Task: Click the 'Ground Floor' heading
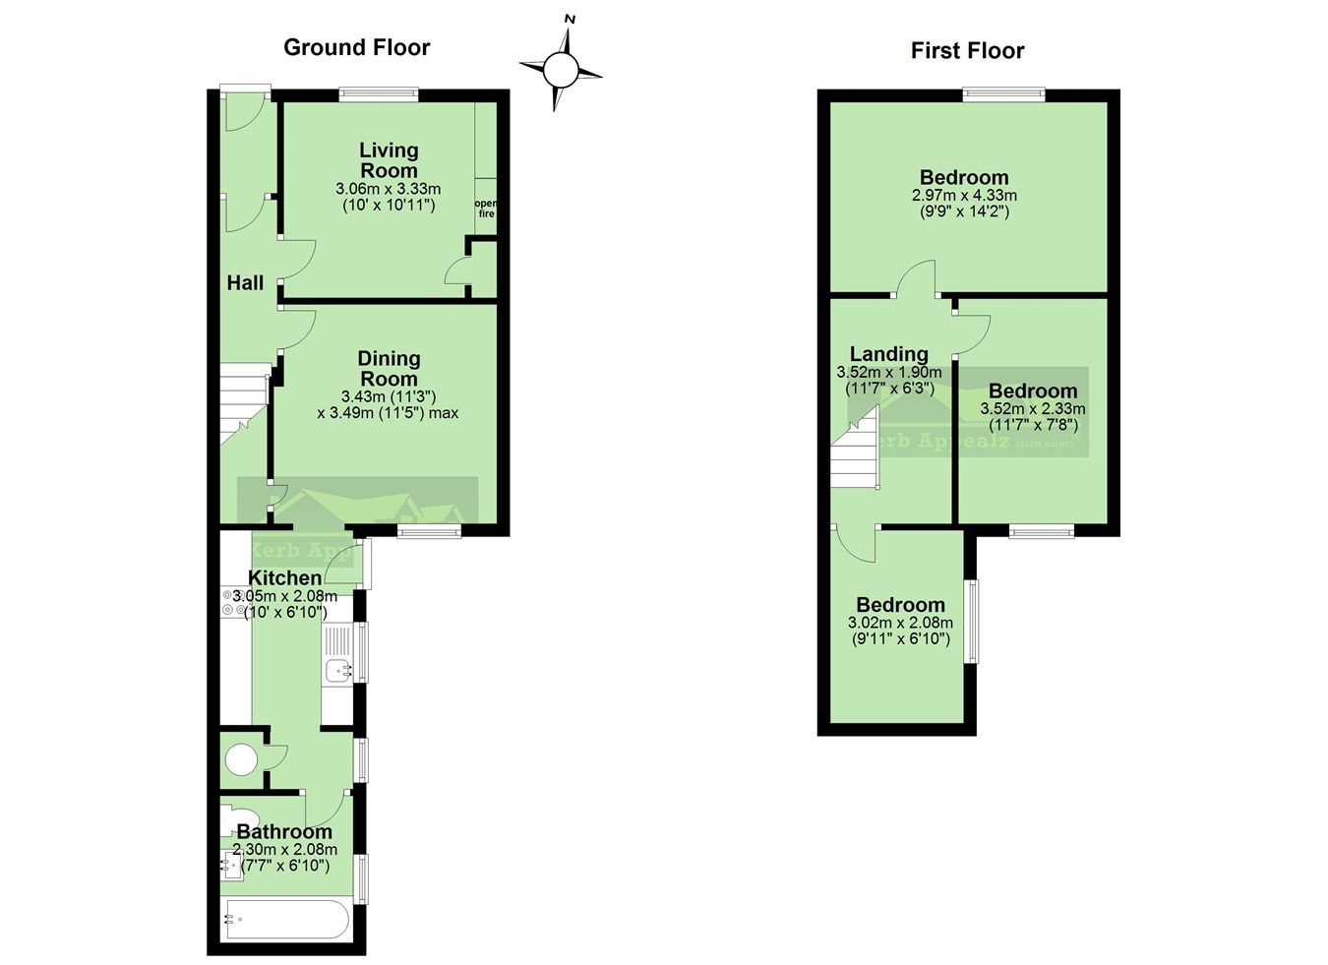[356, 47]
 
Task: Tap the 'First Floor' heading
[967, 50]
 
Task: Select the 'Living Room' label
[388, 160]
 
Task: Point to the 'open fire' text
[486, 209]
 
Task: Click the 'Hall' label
[245, 283]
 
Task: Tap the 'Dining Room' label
[389, 369]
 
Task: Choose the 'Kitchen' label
[284, 578]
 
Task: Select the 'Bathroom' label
[284, 832]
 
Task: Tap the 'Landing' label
[888, 354]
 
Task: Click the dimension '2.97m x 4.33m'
[964, 196]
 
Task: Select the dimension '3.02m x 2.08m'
[900, 623]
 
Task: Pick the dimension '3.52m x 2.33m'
[1033, 409]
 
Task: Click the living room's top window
[379, 94]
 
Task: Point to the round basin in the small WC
[241, 759]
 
